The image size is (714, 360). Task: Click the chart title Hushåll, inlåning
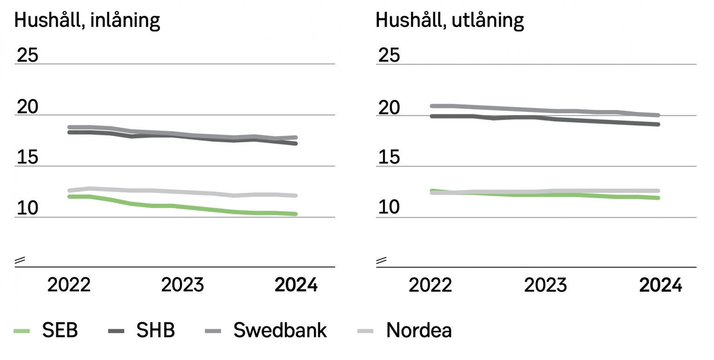87,21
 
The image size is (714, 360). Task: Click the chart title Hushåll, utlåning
450,21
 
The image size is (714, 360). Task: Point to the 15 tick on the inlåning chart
27,158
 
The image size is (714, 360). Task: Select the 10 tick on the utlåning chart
389,208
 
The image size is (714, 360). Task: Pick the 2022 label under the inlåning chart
69,285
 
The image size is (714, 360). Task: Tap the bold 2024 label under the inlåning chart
296,285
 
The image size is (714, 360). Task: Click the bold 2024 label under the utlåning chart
661,285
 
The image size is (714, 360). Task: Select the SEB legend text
60,331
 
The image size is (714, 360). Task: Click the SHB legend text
155,331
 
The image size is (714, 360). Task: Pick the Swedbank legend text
280,331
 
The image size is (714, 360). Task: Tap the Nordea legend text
419,331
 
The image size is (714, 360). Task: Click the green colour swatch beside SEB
21,331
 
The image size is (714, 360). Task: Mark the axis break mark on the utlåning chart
381,261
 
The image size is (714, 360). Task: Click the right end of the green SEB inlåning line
296,214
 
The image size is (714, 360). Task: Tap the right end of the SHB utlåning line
658,124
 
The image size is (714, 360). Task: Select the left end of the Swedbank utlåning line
432,106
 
